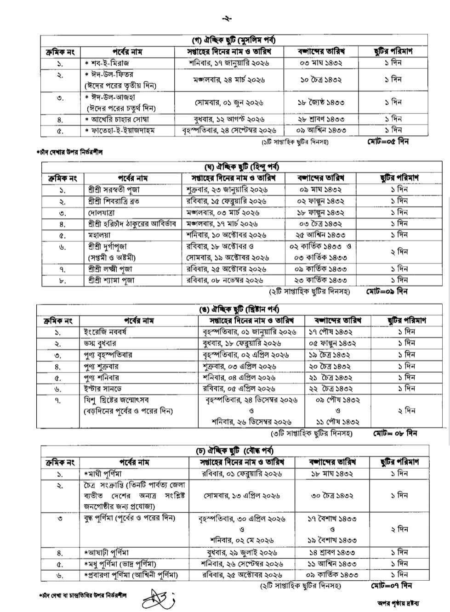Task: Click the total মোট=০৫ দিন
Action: [x=388, y=140]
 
